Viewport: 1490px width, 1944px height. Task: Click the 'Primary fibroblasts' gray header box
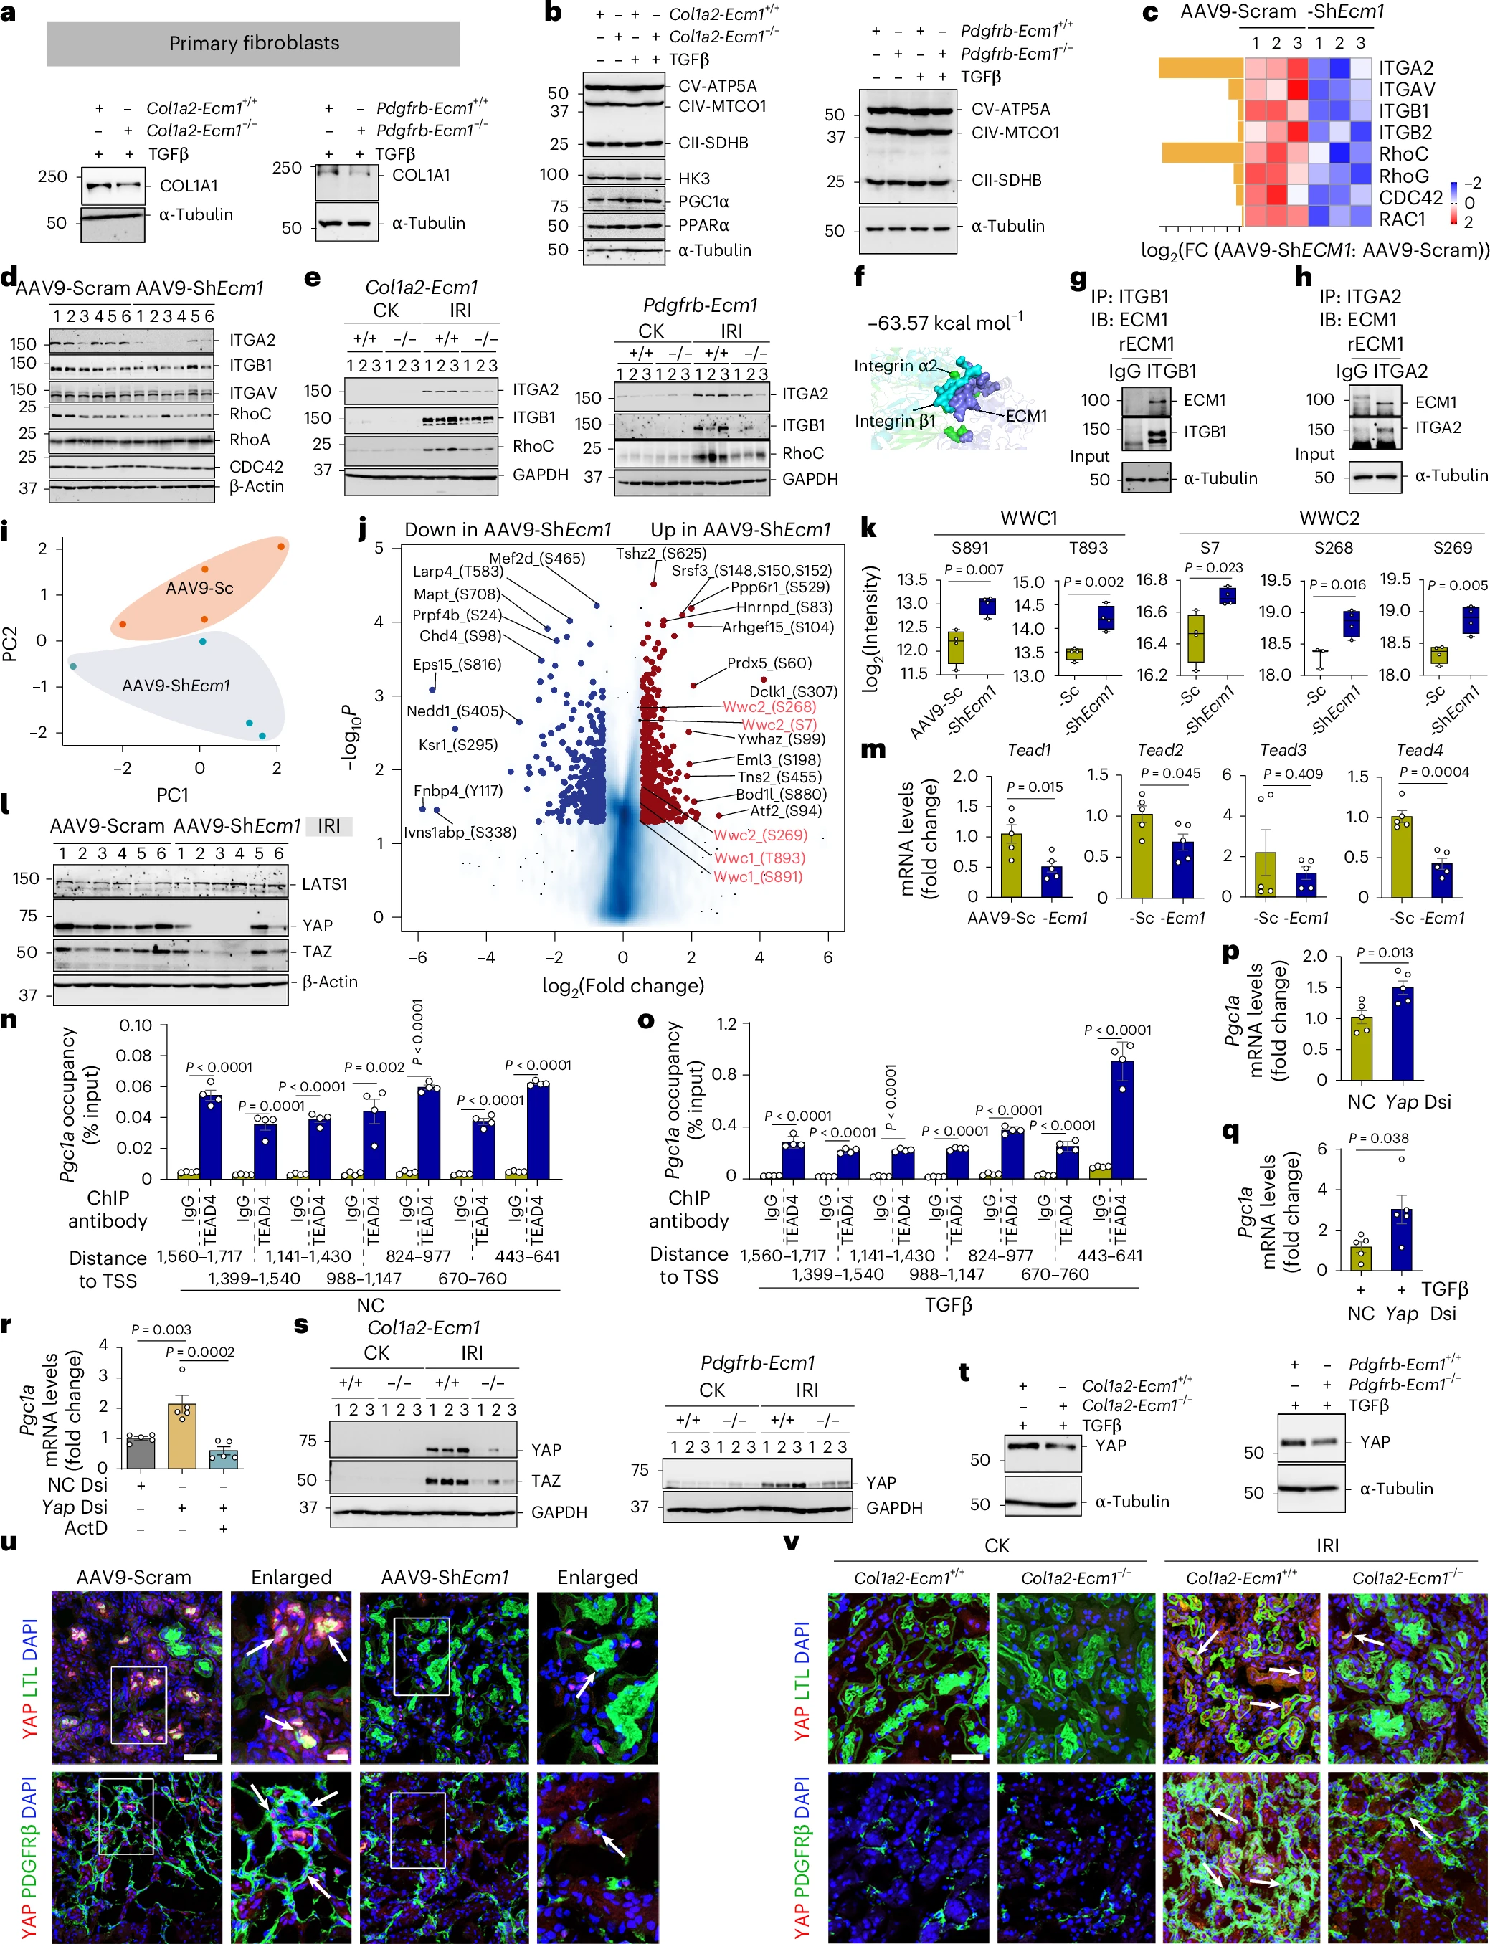pyautogui.click(x=253, y=44)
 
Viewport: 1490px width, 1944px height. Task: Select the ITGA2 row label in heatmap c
pyautogui.click(x=1405, y=67)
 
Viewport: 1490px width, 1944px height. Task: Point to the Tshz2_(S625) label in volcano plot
pyautogui.click(x=660, y=554)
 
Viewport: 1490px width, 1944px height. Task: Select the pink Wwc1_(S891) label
pyautogui.click(x=759, y=876)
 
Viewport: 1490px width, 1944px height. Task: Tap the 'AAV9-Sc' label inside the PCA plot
pyautogui.click(x=199, y=587)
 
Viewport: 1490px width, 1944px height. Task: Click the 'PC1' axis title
pyautogui.click(x=172, y=794)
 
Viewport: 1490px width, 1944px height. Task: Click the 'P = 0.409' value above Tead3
pyautogui.click(x=1292, y=774)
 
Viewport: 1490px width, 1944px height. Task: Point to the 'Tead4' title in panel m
pyautogui.click(x=1418, y=750)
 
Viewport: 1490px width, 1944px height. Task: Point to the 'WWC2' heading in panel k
pyautogui.click(x=1329, y=518)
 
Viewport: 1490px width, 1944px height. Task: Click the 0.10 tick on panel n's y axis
pyautogui.click(x=136, y=1025)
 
